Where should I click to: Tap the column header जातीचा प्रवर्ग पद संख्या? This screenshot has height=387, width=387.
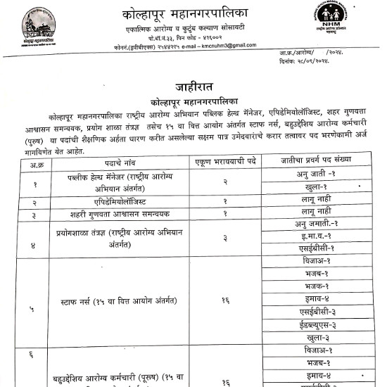(324, 163)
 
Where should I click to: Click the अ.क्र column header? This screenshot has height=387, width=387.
(34, 163)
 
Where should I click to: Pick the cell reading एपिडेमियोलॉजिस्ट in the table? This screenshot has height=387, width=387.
(125, 202)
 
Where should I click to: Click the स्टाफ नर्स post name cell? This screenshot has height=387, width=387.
(125, 300)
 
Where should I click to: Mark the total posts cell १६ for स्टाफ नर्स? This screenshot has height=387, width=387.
(227, 300)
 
